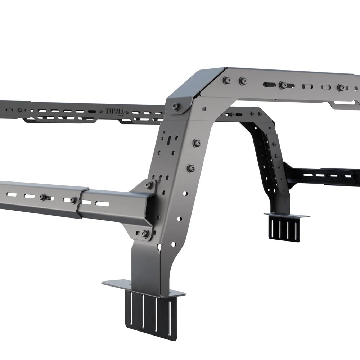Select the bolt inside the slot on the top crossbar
[x=283, y=85]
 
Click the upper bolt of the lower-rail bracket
[x=149, y=185]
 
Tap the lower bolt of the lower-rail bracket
[x=145, y=234]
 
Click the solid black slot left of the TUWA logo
[x=92, y=111]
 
